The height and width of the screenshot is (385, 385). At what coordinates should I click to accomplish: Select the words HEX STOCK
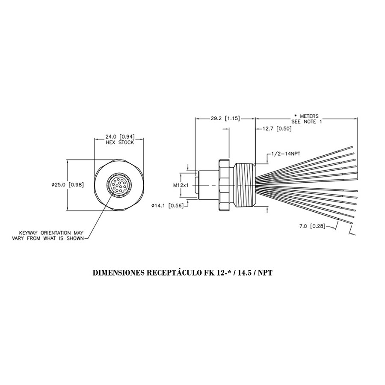point(119,142)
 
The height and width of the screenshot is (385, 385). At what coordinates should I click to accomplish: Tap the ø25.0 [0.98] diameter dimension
point(66,185)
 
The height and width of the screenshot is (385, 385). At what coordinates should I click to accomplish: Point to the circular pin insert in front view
point(118,186)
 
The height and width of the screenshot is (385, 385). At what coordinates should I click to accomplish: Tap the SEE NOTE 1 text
point(307,121)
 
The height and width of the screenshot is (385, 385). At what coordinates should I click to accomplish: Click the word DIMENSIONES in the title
point(119,272)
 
